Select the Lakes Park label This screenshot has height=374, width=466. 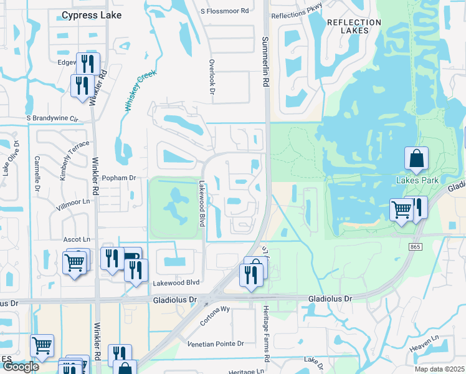point(417,180)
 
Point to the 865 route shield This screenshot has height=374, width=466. point(416,247)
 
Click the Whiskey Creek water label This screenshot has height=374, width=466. point(140,90)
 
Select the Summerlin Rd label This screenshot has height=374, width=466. point(265,61)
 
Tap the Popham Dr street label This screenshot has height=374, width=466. point(118,178)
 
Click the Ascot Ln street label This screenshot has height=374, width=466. point(77,239)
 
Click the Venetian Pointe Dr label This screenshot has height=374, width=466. point(215,343)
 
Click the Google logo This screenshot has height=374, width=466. point(20,367)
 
